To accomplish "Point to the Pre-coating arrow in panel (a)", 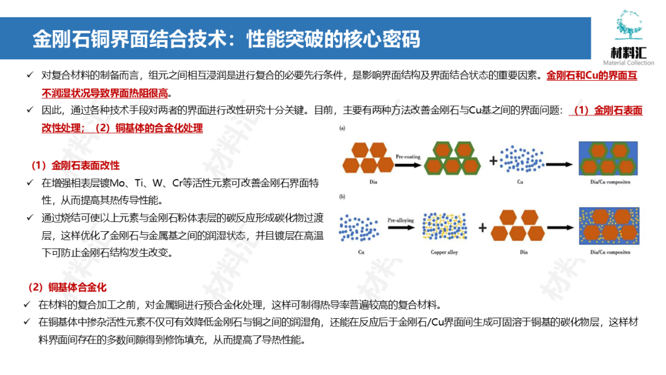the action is pos(408,161).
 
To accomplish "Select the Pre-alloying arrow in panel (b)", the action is pos(400,224).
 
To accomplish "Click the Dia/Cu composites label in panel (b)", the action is pos(608,253).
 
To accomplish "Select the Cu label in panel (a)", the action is pos(520,183).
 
